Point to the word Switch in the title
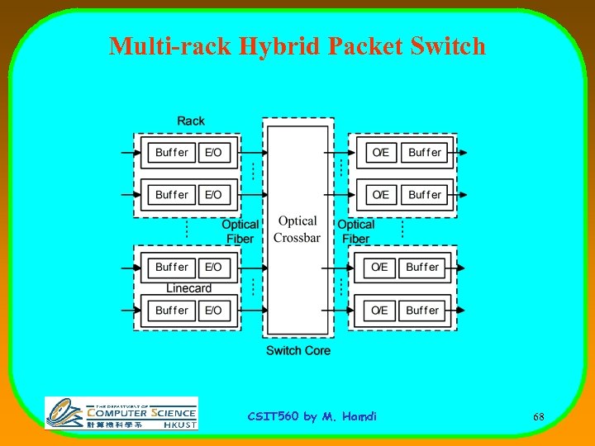coord(447,45)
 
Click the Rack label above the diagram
coord(191,121)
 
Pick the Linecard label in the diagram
coord(188,288)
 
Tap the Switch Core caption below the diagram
coord(297,350)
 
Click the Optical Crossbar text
coord(297,230)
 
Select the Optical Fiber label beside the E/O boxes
coord(240,231)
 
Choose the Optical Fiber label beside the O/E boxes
coord(355,231)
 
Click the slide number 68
coord(538,417)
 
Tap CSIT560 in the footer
coord(274,416)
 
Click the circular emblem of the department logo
coord(64,413)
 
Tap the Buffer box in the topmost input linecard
coord(172,152)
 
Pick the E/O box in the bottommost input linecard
coord(213,310)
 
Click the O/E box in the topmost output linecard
coord(380,152)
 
